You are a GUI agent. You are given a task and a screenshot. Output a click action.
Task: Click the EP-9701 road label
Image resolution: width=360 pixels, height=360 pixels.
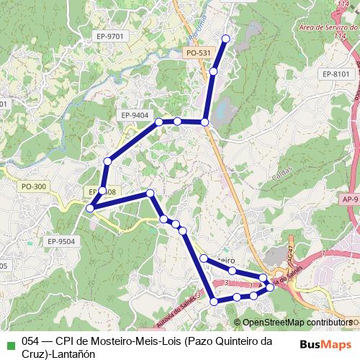pos(109,35)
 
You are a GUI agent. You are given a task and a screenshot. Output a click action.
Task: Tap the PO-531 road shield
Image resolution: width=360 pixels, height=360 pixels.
pos(198,53)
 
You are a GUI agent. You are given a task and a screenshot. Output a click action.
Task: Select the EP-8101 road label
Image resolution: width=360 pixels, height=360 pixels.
pos(336,73)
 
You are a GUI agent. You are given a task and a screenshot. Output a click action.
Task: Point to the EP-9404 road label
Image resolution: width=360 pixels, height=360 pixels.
pos(135,115)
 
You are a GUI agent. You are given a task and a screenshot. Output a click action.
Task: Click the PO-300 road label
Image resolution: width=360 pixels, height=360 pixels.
pos(34,186)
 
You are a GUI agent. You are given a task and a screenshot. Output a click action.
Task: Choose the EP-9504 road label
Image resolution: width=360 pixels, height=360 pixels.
pos(60,241)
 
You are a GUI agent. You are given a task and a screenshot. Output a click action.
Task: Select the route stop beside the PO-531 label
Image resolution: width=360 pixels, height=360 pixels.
pos(214,71)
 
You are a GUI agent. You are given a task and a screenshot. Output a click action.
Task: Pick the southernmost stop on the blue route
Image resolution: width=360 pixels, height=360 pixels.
pos(213,302)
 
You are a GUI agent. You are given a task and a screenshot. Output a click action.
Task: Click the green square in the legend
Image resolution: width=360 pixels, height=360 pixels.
pos(9,341)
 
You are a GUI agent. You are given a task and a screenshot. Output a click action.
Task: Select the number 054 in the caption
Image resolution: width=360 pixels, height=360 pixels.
pos(31,341)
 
